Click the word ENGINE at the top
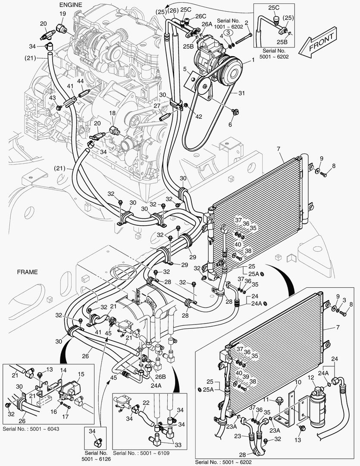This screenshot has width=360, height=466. point(70,4)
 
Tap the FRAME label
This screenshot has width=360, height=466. point(27,272)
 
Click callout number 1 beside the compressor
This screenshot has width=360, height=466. point(253,61)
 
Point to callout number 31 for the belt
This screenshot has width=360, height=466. point(242,93)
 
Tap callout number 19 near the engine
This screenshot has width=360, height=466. point(62,14)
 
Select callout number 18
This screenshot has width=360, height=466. point(112,113)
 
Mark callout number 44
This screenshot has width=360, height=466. point(80,81)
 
